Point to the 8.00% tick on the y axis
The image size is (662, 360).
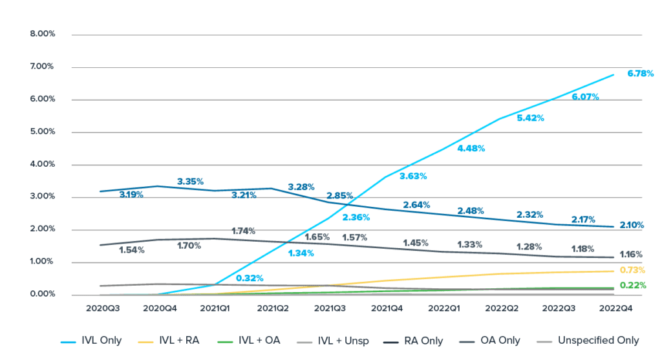(x=42, y=34)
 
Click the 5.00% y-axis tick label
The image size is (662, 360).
(x=42, y=132)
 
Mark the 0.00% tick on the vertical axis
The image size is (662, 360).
(x=42, y=295)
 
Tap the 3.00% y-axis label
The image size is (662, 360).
(x=42, y=197)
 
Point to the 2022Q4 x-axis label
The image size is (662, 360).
(x=616, y=309)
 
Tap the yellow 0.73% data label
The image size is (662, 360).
(x=632, y=270)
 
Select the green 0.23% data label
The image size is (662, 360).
(x=632, y=285)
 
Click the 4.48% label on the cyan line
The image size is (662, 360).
(x=470, y=148)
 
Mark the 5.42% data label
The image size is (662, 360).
(x=530, y=118)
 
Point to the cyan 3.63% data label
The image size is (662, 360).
(x=412, y=176)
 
